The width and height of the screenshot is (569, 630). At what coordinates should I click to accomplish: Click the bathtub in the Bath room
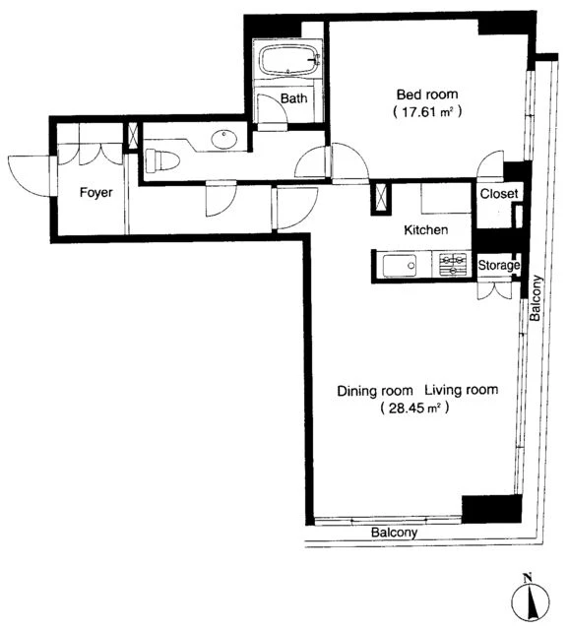pyautogui.click(x=288, y=60)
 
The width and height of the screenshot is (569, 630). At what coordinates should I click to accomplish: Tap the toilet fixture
pyautogui.click(x=162, y=159)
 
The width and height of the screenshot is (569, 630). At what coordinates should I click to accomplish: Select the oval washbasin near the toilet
pyautogui.click(x=223, y=139)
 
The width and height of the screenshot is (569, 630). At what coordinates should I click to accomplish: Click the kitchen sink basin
pyautogui.click(x=400, y=266)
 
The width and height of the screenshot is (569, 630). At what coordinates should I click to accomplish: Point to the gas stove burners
pyautogui.click(x=453, y=265)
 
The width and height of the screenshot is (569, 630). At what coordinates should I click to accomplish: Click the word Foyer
pyautogui.click(x=96, y=193)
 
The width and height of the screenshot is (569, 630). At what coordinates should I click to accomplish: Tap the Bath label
pyautogui.click(x=293, y=98)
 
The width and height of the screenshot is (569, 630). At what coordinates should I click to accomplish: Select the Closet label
pyautogui.click(x=499, y=194)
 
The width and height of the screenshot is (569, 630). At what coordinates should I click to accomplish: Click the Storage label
pyautogui.click(x=499, y=265)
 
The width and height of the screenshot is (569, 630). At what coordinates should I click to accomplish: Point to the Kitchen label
pyautogui.click(x=425, y=230)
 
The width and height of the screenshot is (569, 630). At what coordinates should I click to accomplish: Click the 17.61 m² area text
pyautogui.click(x=427, y=111)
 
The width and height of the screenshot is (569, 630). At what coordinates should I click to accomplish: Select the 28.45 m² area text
pyautogui.click(x=414, y=409)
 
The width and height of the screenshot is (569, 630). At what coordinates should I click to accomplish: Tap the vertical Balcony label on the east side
pyautogui.click(x=536, y=297)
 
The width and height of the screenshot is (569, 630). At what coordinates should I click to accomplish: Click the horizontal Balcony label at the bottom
pyautogui.click(x=394, y=533)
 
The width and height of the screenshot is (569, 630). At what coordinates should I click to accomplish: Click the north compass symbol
pyautogui.click(x=530, y=603)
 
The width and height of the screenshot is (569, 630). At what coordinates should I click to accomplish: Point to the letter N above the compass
pyautogui.click(x=528, y=579)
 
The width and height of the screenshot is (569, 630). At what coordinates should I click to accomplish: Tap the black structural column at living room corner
pyautogui.click(x=492, y=509)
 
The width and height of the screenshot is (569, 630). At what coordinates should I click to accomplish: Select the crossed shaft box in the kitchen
pyautogui.click(x=381, y=197)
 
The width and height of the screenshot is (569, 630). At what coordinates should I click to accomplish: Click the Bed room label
pyautogui.click(x=427, y=94)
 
